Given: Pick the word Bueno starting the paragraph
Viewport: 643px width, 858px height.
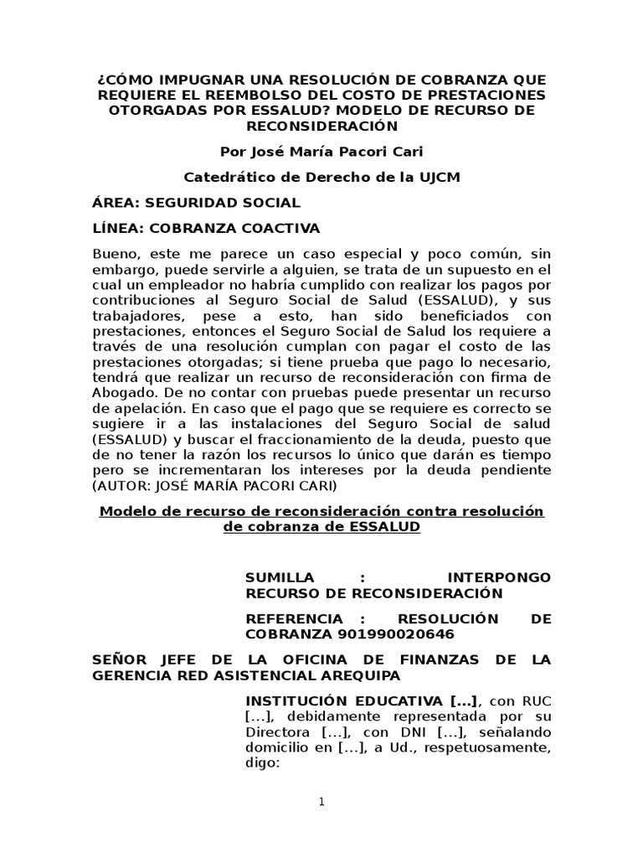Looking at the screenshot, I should [x=114, y=254].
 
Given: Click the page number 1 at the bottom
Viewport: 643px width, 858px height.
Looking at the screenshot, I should [x=321, y=802].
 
